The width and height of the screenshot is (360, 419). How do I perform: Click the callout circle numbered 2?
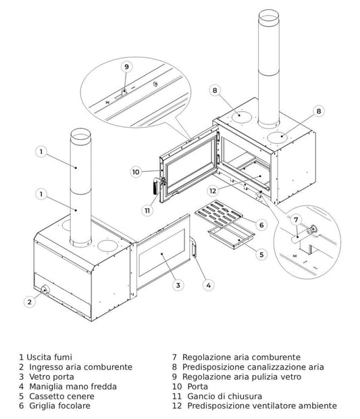(x=28, y=302)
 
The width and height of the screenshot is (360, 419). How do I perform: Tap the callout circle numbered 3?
(x=178, y=285)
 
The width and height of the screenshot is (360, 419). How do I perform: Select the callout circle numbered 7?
(x=295, y=220)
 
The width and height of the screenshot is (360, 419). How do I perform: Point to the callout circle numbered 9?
(x=126, y=67)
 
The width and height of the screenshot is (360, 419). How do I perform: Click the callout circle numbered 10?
(x=136, y=172)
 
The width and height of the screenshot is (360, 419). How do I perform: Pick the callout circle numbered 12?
(x=213, y=191)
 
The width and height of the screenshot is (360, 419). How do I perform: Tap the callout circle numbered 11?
(x=147, y=210)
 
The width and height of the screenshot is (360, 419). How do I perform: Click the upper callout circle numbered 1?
(x=42, y=152)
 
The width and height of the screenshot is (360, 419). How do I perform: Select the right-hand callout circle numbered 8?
(x=319, y=110)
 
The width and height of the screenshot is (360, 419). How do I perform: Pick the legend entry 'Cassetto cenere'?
(x=58, y=396)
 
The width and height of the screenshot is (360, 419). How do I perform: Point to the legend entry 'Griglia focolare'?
(x=58, y=406)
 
